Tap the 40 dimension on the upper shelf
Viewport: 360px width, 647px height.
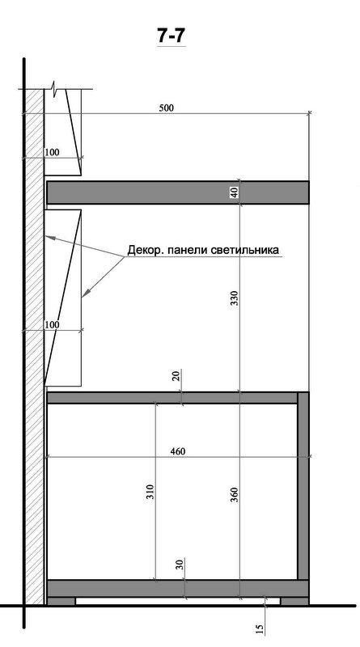(235, 192)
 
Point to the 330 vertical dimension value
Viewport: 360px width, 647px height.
(235, 298)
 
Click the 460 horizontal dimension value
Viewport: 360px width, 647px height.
(177, 451)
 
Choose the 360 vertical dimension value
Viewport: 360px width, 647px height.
(235, 495)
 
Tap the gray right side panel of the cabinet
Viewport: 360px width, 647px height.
(303, 485)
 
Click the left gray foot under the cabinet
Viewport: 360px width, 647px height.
(61, 601)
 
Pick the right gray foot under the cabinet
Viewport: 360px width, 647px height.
(294, 601)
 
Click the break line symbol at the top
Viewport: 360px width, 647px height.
(55, 87)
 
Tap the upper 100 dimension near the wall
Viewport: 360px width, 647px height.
(53, 151)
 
